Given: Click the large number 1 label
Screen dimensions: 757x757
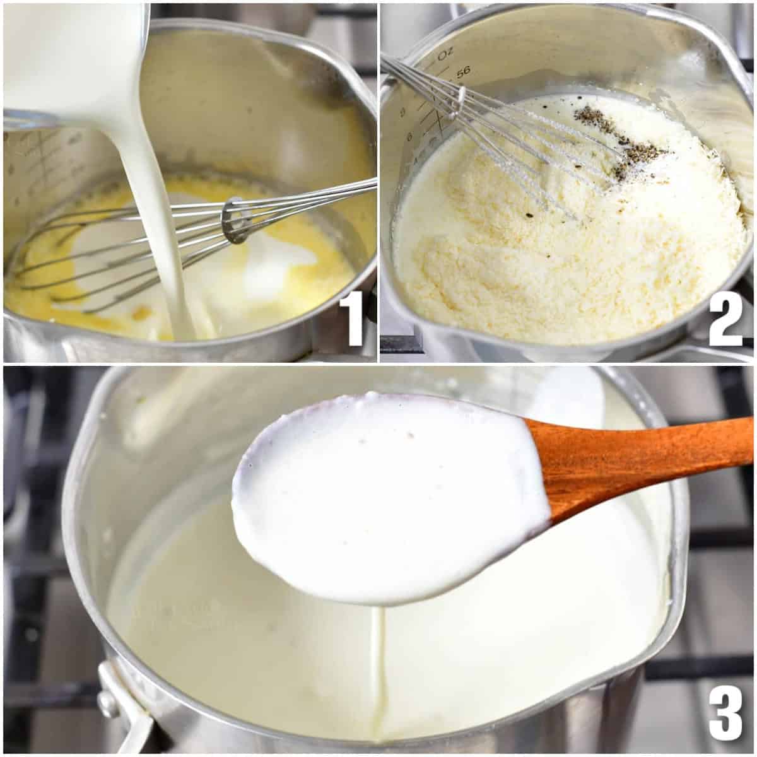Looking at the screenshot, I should [352, 322].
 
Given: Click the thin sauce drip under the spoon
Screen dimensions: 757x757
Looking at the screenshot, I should [377, 669].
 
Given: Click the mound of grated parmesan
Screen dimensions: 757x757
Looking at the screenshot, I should [568, 252].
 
